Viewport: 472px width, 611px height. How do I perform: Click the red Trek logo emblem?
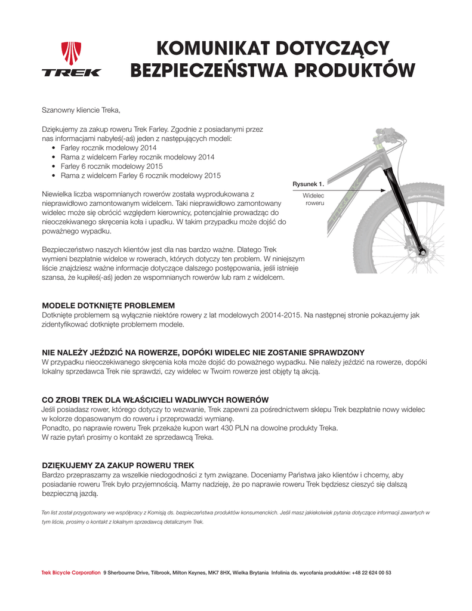tap(72, 53)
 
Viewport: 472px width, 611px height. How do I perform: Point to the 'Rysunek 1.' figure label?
tap(308, 184)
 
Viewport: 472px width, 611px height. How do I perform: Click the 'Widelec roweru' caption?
tap(314, 199)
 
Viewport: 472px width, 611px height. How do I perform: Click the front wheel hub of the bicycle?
tap(423, 254)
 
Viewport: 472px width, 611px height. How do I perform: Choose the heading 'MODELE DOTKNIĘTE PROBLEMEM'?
tap(108, 305)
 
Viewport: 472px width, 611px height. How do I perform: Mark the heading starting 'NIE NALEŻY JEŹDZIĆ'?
tap(203, 353)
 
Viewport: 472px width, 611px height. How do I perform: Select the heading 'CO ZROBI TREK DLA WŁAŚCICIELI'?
tap(155, 400)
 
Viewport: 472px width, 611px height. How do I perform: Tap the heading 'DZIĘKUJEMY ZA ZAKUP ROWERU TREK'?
tap(118, 465)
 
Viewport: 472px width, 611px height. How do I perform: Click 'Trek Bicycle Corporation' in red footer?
tap(71, 573)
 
